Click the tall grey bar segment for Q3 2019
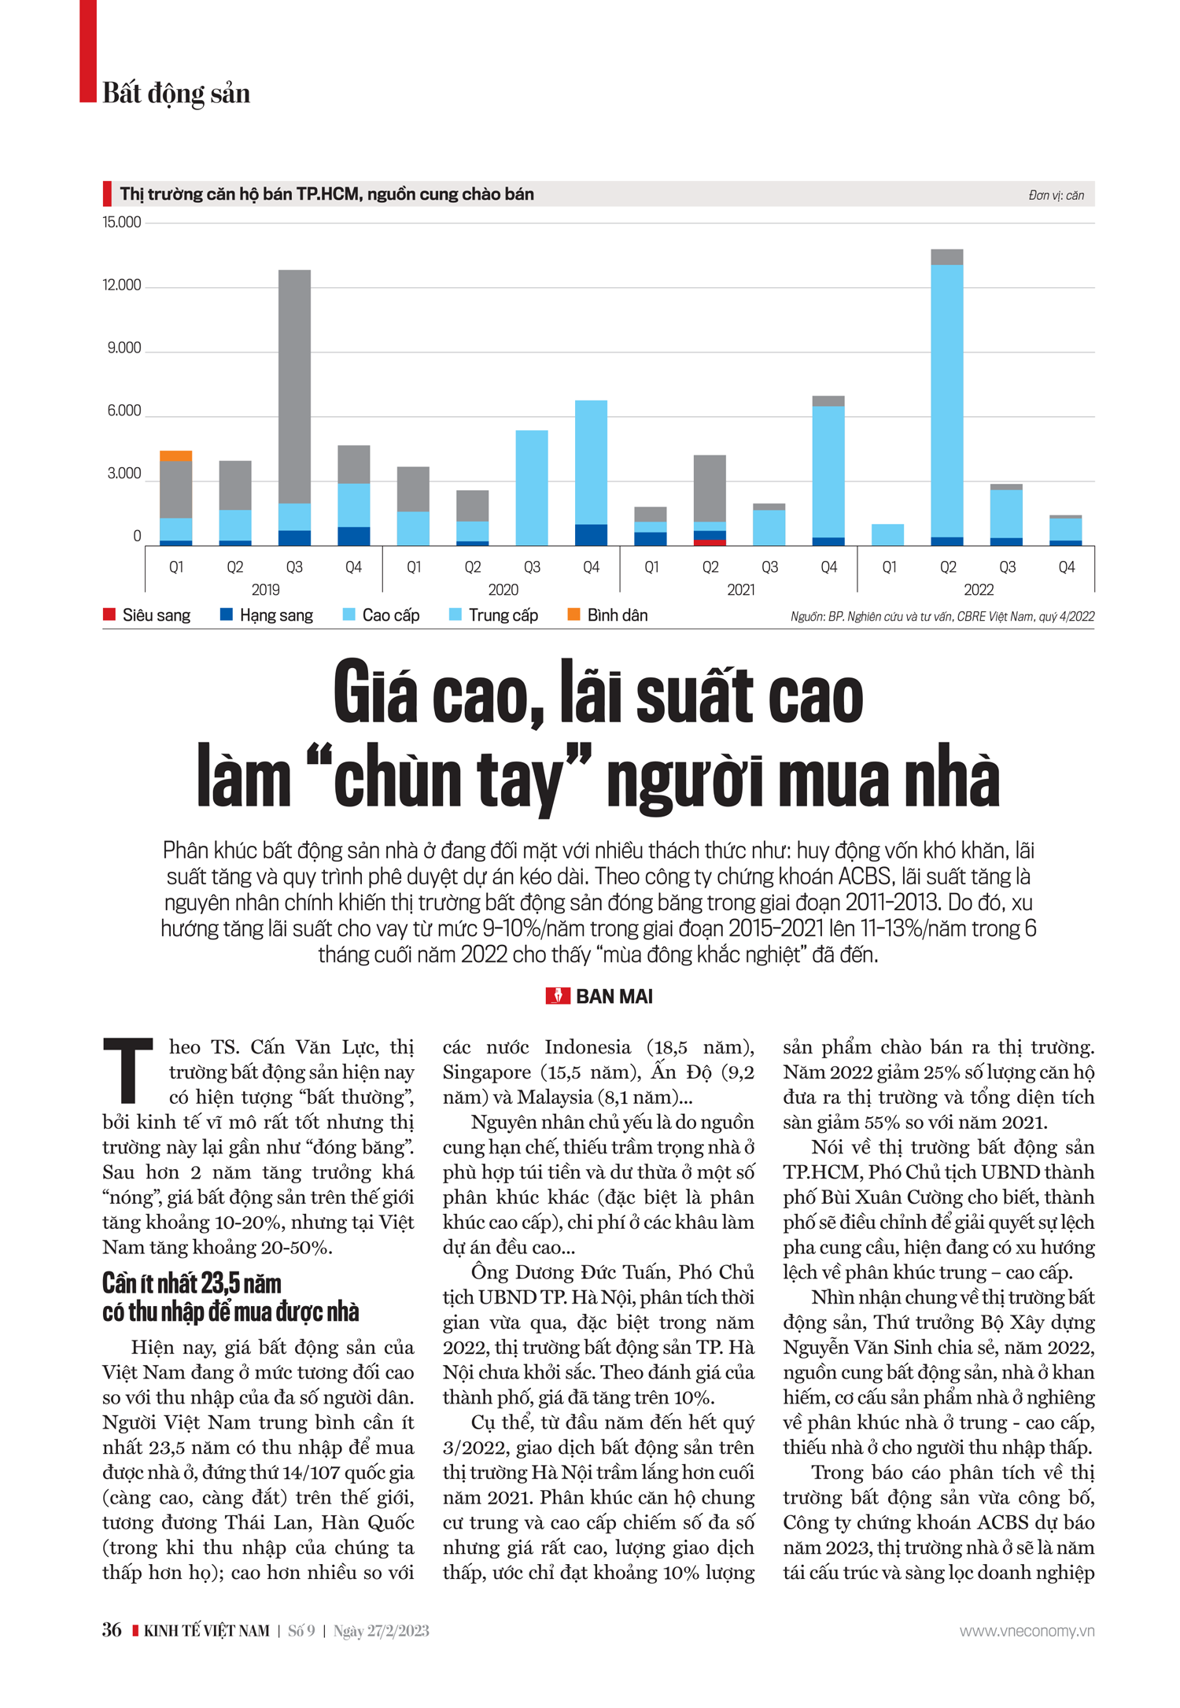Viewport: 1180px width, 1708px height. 294,385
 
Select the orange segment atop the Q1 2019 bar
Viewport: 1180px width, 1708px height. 176,456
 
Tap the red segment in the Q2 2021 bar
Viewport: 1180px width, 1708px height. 710,542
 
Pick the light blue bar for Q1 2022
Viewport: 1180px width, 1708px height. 888,534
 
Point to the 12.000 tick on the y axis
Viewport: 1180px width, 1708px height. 122,286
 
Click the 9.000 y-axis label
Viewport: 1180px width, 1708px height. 124,349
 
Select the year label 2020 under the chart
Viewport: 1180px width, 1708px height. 503,590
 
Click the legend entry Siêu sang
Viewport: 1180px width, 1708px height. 156,615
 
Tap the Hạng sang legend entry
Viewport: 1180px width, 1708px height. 275,615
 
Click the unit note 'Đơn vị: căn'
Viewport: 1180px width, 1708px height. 1056,195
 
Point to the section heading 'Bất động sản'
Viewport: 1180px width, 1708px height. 176,94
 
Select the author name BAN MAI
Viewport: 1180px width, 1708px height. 614,997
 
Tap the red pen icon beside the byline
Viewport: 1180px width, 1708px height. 558,996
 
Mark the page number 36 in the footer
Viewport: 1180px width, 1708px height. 112,1630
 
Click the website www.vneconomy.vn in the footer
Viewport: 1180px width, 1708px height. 1027,1631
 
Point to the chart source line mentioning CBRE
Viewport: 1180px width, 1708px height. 942,617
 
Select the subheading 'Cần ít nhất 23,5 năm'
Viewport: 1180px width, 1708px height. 192,1284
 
